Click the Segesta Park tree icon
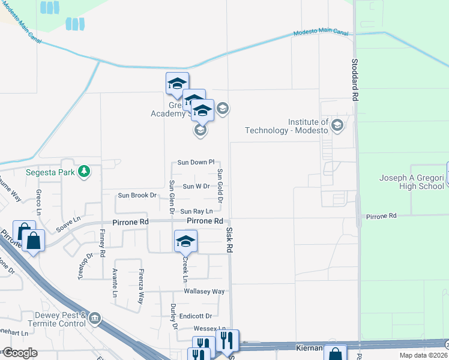click(85, 172)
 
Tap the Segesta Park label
click(51, 172)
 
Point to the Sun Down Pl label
click(196, 163)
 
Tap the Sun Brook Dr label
click(137, 196)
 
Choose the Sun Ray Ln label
click(196, 211)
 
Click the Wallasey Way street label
click(205, 292)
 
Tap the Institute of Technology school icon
click(337, 125)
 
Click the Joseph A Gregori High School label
click(412, 182)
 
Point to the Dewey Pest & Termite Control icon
click(95, 318)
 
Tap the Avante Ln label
click(114, 282)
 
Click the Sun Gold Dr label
click(220, 185)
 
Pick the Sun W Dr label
click(196, 187)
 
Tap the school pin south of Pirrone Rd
click(185, 241)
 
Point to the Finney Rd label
click(102, 246)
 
